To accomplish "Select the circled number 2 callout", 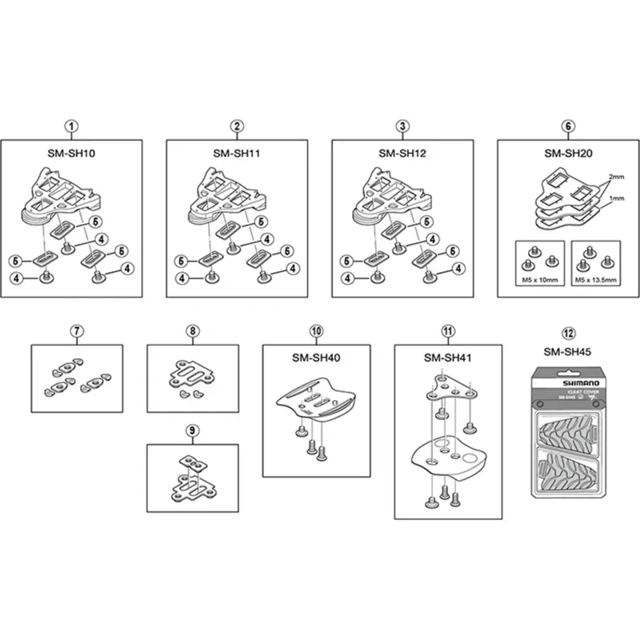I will tap(237, 126).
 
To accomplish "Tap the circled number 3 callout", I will tap(402, 126).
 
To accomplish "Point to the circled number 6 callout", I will tap(568, 126).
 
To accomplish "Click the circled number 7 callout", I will tap(77, 330).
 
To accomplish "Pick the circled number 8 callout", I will tap(192, 330).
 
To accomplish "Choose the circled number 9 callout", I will tap(192, 430).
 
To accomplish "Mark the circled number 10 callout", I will tap(316, 330).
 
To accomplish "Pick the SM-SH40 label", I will tap(316, 358).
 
